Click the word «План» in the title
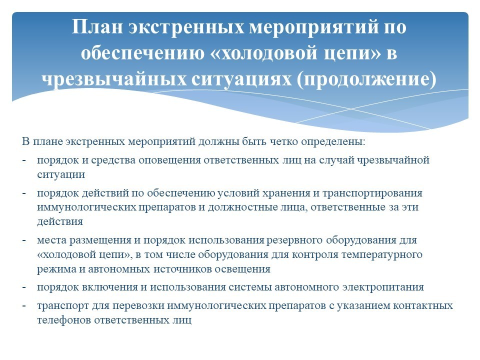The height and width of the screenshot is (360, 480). click(97, 26)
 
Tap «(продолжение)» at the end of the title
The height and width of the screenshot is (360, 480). click(366, 79)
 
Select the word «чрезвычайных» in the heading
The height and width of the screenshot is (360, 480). click(114, 79)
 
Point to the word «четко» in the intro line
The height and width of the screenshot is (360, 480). click(284, 141)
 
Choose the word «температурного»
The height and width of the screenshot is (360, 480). click(382, 255)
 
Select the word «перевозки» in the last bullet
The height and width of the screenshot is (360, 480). click(139, 306)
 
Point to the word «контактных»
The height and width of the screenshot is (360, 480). click(423, 306)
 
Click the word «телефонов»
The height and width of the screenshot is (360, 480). click(64, 320)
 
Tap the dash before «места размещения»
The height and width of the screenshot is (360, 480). click(24, 240)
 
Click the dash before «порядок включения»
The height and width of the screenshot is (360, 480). click(24, 287)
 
